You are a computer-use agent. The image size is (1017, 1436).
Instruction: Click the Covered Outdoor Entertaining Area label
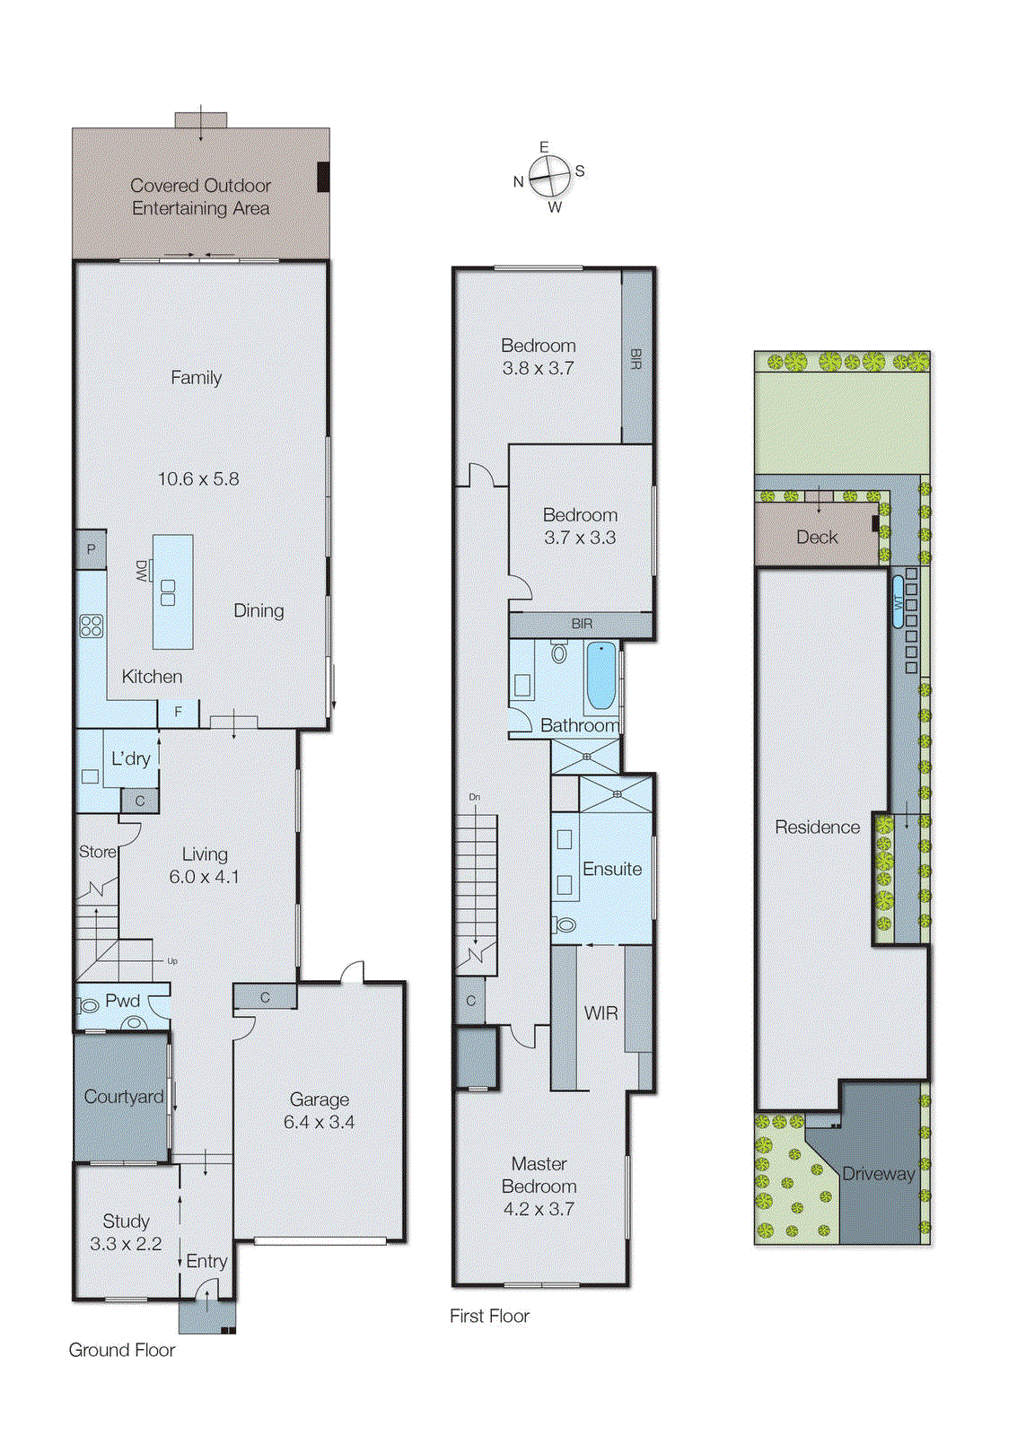200,197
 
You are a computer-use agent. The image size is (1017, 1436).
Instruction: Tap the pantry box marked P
91,549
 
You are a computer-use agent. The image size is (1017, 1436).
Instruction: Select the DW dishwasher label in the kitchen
142,571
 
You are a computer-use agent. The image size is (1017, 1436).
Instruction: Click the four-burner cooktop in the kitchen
92,626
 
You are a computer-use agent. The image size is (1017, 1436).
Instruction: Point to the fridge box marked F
178,712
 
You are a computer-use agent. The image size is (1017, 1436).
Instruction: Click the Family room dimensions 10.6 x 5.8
198,479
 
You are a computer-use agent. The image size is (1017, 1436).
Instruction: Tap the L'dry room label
131,758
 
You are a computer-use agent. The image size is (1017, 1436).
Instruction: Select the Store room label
97,852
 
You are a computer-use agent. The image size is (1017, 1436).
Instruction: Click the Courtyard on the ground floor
123,1097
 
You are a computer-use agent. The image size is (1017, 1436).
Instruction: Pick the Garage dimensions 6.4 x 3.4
319,1122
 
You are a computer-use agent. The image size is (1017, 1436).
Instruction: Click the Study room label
126,1221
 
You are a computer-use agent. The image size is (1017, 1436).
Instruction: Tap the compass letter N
518,181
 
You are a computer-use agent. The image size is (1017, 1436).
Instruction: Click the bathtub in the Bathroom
601,675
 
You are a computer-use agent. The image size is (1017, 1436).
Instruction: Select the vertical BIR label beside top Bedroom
636,359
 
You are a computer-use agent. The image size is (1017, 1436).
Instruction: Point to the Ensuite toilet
565,924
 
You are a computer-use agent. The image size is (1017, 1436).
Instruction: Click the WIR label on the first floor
601,1013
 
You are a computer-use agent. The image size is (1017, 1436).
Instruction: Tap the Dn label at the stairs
474,797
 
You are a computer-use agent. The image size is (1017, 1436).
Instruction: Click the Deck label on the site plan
817,537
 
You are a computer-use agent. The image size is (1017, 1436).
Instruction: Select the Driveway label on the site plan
878,1173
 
